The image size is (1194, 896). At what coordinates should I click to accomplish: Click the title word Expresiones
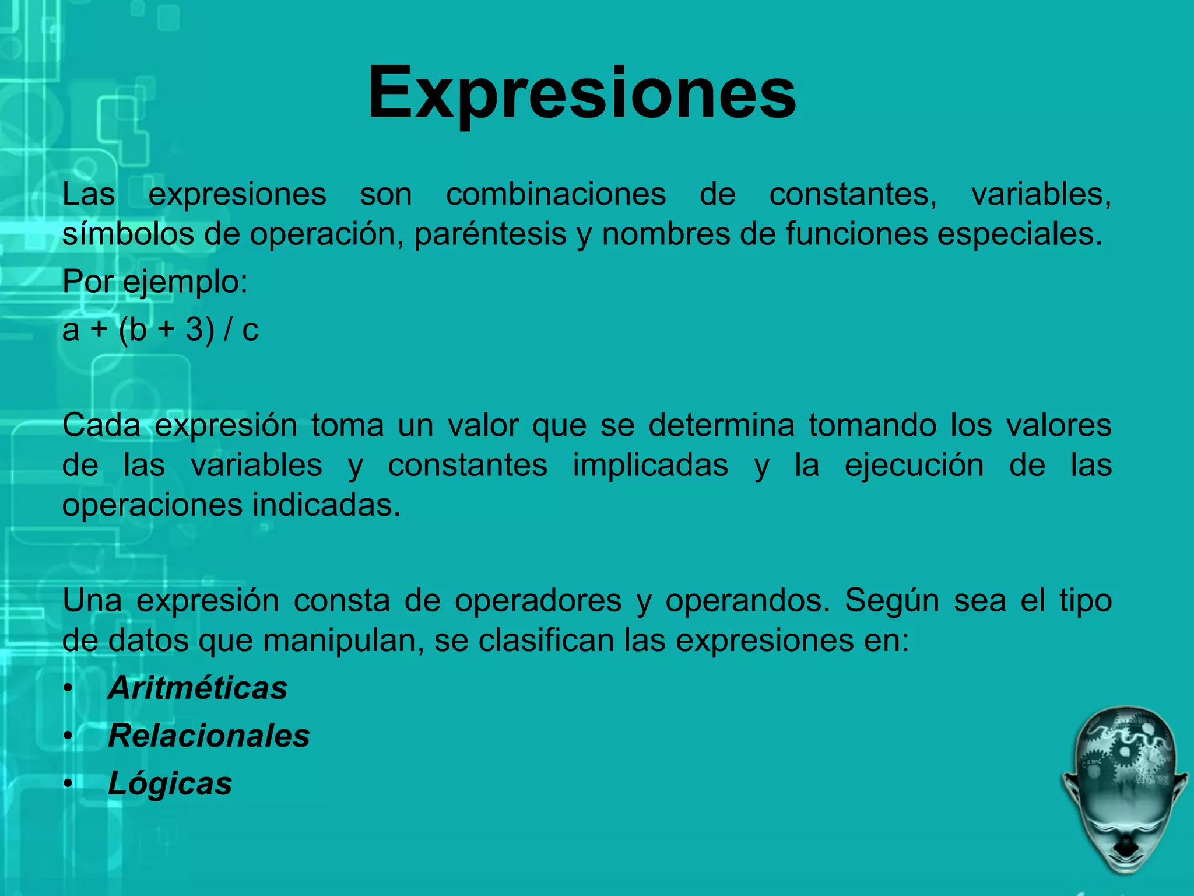[x=581, y=93]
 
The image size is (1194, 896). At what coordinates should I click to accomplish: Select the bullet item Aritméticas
[x=198, y=688]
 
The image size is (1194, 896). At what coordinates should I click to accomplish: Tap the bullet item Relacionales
[x=209, y=736]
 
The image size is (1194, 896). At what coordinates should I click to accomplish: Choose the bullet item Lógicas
[x=170, y=783]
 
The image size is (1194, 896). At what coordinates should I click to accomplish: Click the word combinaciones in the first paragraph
[x=556, y=194]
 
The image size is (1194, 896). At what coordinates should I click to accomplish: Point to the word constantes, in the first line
[x=853, y=194]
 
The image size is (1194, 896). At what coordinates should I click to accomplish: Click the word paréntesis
[x=490, y=235]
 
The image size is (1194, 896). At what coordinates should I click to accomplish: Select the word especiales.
[x=1020, y=235]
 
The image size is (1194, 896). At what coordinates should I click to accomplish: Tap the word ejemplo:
[x=186, y=282]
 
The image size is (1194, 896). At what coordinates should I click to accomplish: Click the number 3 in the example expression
[x=194, y=330]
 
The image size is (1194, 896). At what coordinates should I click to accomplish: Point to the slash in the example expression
[x=229, y=330]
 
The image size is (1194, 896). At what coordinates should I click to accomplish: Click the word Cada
[x=101, y=425]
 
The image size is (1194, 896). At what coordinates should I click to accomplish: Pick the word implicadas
[x=650, y=466]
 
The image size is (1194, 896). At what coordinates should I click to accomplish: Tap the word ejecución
[x=914, y=466]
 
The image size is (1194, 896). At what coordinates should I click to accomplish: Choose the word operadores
[x=538, y=601]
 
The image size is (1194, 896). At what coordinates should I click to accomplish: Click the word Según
[x=892, y=601]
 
